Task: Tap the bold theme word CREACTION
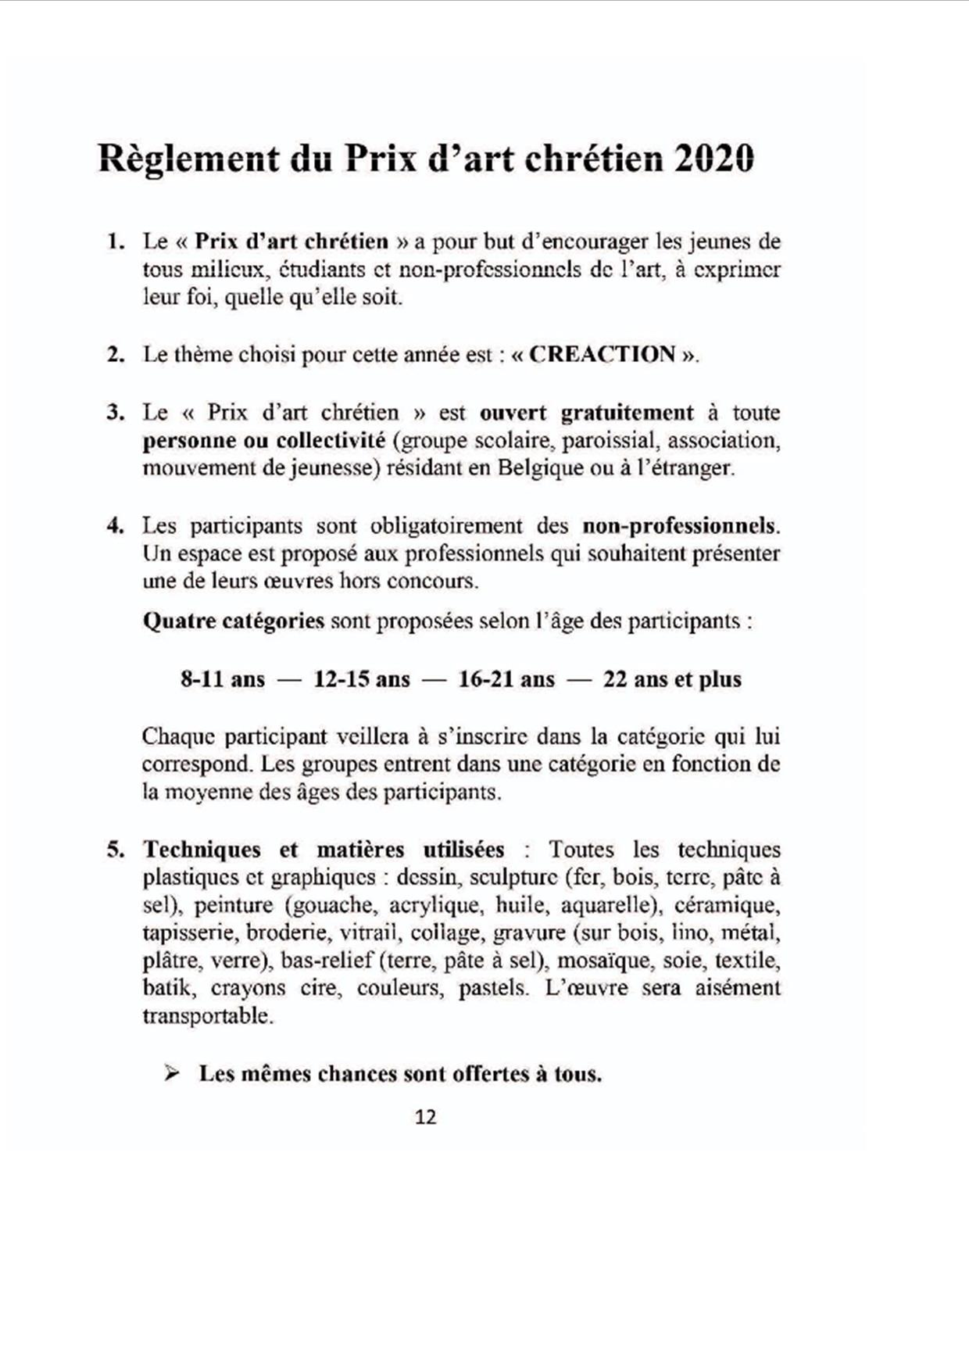(602, 355)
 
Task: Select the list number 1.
(116, 242)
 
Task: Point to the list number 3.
(116, 413)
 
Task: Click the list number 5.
(116, 850)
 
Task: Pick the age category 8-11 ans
(223, 679)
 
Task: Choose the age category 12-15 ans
(362, 679)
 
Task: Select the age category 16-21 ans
(506, 679)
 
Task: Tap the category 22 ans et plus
(672, 679)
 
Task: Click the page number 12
(425, 1117)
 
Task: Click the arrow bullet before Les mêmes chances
(172, 1074)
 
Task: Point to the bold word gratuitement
(627, 413)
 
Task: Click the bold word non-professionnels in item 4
(680, 526)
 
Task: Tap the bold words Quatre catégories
(233, 621)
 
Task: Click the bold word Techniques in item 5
(202, 850)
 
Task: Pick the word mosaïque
(602, 961)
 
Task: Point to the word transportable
(206, 1017)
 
